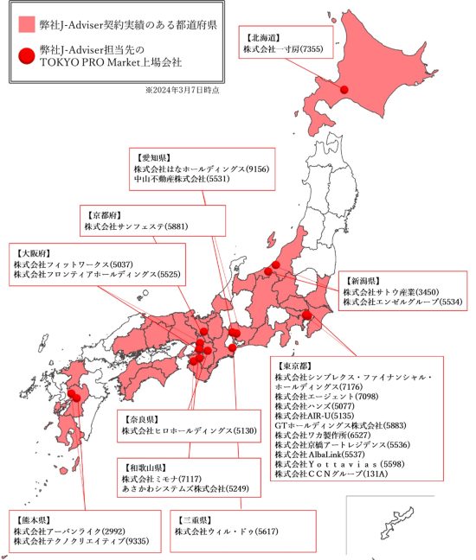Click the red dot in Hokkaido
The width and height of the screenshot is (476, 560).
(344, 90)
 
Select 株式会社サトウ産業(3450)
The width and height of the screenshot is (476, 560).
(391, 292)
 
